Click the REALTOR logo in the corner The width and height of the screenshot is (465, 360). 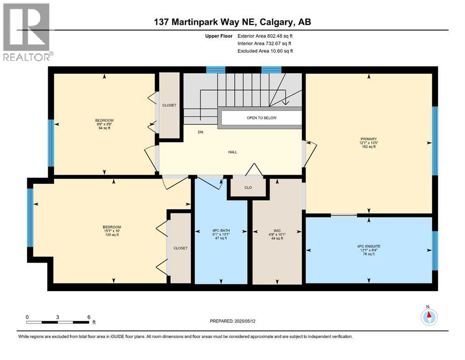(27, 32)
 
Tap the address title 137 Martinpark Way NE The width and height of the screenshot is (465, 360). (232, 22)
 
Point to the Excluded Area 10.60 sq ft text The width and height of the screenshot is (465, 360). (265, 51)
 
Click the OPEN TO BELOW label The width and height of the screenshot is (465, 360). (261, 118)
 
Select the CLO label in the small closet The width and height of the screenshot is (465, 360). (248, 187)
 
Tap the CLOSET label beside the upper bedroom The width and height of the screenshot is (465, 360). (169, 105)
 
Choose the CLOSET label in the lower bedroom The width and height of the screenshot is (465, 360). (180, 248)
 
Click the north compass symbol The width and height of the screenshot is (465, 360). (428, 317)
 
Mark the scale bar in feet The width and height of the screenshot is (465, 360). (58, 322)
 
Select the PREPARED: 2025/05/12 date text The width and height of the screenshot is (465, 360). (232, 321)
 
